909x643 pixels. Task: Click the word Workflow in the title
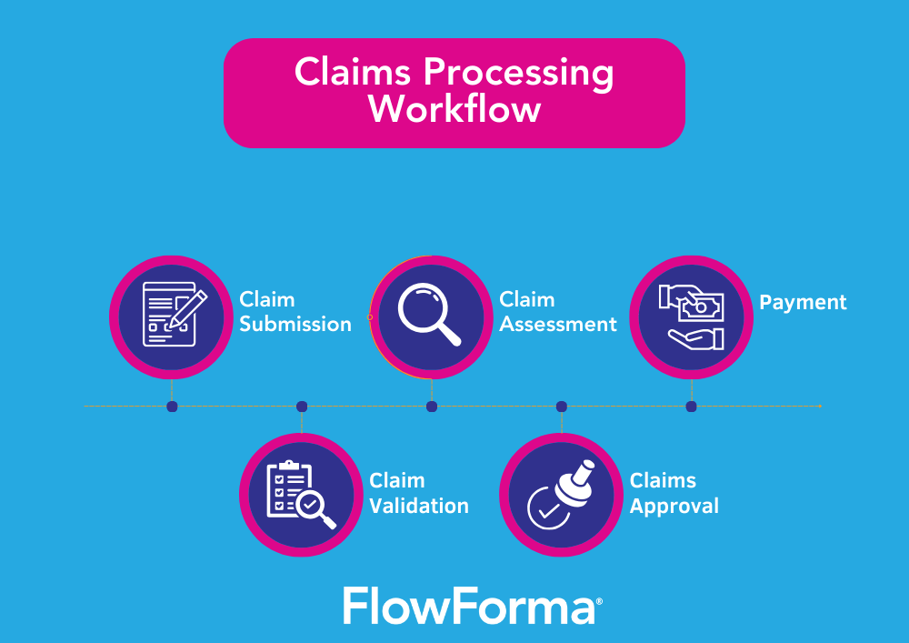454,110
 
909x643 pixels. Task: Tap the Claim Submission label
295,312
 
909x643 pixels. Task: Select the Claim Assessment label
557,312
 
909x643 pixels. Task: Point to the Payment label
803,302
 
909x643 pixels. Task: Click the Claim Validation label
418,494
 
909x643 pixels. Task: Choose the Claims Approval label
674,494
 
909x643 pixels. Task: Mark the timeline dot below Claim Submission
172,407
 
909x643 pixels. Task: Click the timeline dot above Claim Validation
302,407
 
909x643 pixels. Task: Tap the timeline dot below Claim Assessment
432,407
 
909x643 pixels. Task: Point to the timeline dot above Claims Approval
562,407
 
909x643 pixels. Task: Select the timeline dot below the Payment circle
691,407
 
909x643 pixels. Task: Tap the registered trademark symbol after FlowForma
599,600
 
